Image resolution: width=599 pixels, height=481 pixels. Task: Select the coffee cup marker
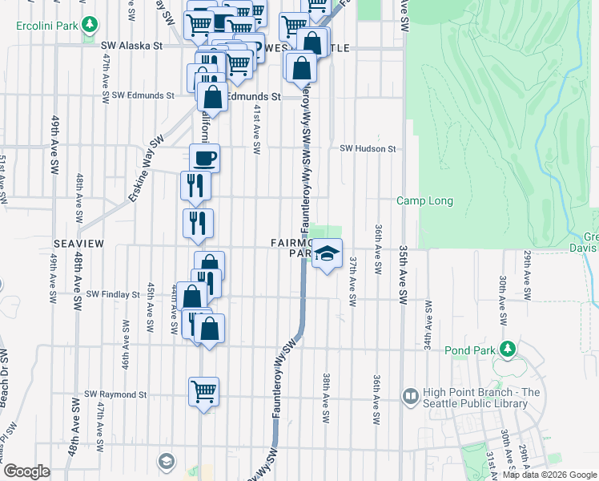click(x=204, y=157)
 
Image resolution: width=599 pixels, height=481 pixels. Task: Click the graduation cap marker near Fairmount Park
click(x=326, y=254)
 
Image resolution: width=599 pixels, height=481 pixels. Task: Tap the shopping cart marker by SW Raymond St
click(x=204, y=392)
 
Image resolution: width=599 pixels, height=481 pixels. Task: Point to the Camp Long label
click(x=424, y=201)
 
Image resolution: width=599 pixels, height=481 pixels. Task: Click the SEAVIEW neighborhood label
click(x=75, y=242)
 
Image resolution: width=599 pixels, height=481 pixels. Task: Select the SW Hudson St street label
click(x=368, y=148)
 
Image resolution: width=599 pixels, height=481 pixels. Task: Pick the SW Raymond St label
click(x=115, y=394)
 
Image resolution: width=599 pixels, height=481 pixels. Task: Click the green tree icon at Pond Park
click(x=507, y=349)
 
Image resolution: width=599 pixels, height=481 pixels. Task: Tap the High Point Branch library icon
click(x=411, y=396)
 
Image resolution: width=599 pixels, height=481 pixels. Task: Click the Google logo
click(x=26, y=471)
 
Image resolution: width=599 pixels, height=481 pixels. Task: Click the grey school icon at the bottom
click(x=166, y=460)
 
